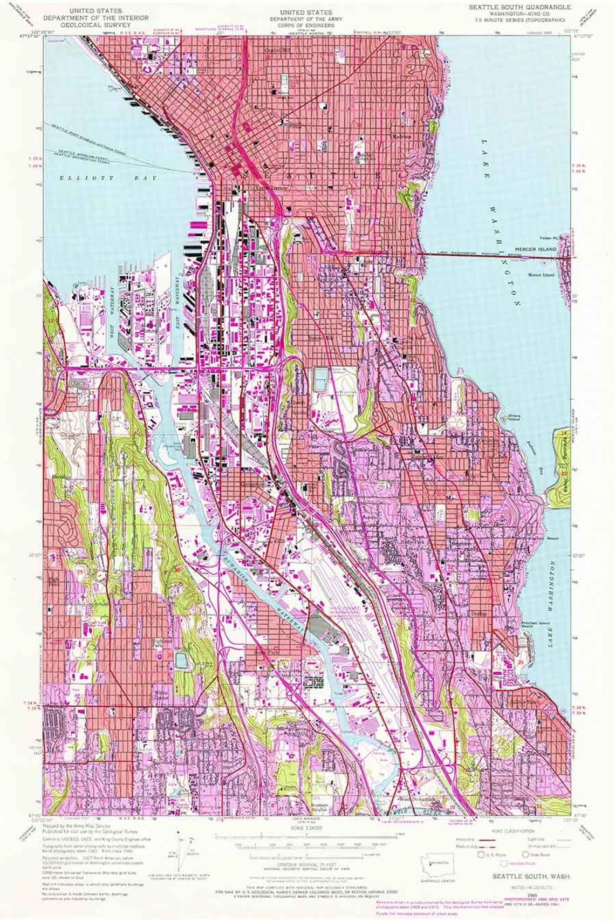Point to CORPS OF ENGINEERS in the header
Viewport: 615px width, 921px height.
coord(306,25)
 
